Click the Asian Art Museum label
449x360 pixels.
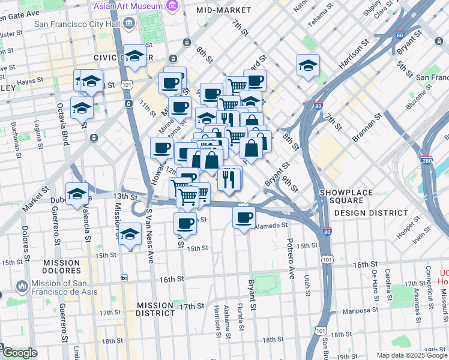click(128, 6)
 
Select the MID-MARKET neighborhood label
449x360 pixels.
click(223, 11)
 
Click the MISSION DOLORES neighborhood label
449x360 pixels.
click(61, 267)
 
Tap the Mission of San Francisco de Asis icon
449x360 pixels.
click(22, 285)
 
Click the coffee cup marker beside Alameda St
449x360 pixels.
click(244, 218)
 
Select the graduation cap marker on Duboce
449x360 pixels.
click(77, 194)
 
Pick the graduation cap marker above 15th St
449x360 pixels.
click(129, 235)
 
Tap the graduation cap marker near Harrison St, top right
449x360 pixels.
click(308, 65)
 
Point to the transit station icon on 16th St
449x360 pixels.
click(124, 278)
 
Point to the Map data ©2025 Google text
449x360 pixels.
click(412, 355)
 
